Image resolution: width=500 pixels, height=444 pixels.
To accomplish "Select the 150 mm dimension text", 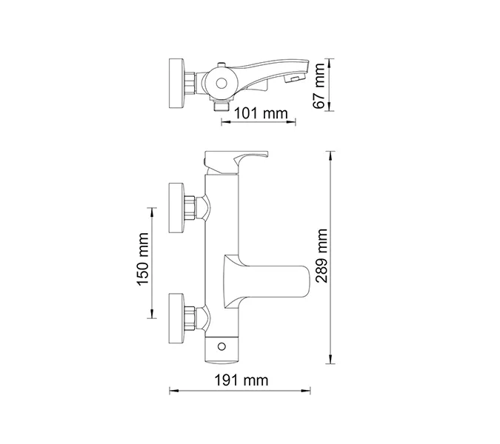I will coord(144,261).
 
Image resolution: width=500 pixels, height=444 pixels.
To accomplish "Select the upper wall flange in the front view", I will coord(178,201).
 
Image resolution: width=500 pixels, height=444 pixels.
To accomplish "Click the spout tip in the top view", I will coord(296,78).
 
